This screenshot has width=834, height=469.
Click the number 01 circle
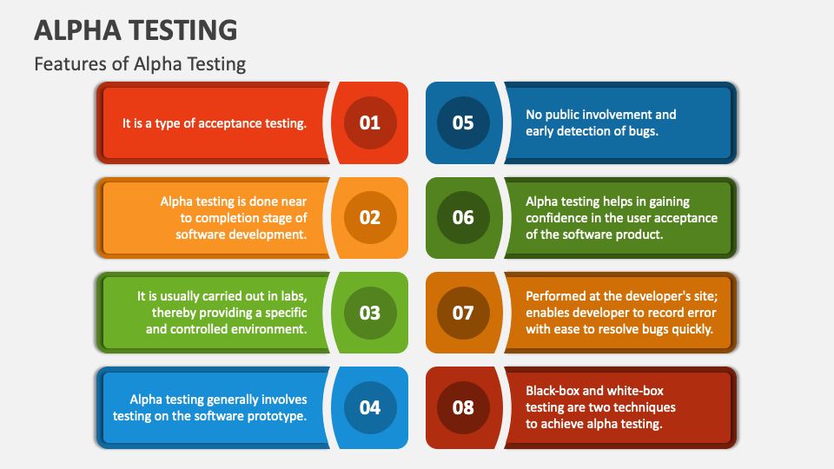click(370, 122)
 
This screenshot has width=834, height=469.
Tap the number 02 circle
click(370, 217)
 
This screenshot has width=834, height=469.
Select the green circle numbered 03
click(370, 313)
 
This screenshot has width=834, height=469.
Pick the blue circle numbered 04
click(370, 407)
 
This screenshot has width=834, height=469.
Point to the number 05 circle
click(463, 122)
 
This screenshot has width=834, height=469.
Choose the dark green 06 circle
click(463, 217)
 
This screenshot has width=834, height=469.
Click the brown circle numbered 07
click(463, 313)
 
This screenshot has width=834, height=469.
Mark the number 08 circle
click(463, 407)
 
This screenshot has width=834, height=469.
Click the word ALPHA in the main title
click(77, 30)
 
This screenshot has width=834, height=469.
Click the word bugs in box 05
click(644, 131)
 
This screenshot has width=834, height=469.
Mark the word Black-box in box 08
click(553, 391)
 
